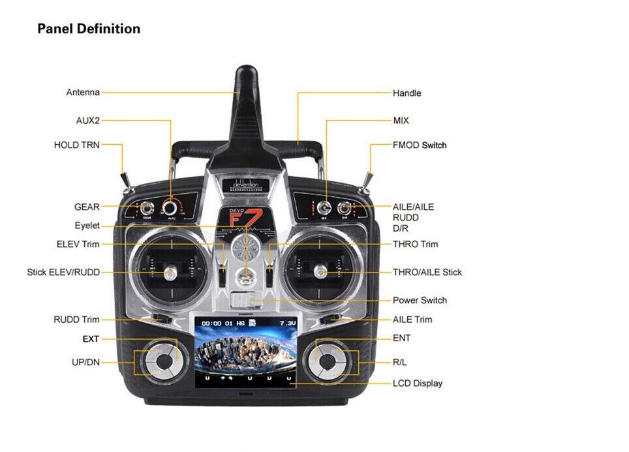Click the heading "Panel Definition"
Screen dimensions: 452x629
click(89, 29)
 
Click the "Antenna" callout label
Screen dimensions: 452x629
click(83, 93)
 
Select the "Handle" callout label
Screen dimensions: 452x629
click(407, 93)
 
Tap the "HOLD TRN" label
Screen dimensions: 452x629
click(76, 145)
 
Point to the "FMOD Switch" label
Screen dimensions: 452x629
click(420, 145)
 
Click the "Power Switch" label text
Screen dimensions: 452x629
click(420, 301)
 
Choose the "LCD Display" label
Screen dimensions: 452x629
click(417, 384)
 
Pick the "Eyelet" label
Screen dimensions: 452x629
click(87, 226)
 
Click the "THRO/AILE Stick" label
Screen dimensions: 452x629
click(427, 272)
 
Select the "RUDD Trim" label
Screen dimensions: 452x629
click(76, 320)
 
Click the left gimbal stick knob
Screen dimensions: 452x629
click(171, 272)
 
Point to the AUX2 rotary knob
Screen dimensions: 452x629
click(170, 207)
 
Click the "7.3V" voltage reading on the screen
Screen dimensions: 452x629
click(287, 324)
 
